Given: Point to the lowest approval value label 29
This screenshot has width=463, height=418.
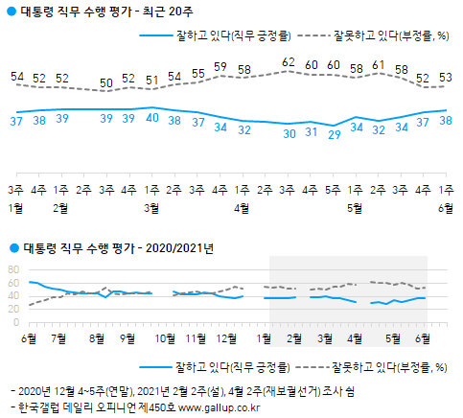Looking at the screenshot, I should (334, 135).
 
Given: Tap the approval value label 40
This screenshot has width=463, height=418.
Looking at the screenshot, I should (152, 118).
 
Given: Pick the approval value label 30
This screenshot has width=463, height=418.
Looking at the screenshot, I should (289, 133).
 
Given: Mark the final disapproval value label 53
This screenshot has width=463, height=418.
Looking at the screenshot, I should (446, 78).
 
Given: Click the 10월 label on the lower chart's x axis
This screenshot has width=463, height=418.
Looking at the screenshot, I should (165, 338).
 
